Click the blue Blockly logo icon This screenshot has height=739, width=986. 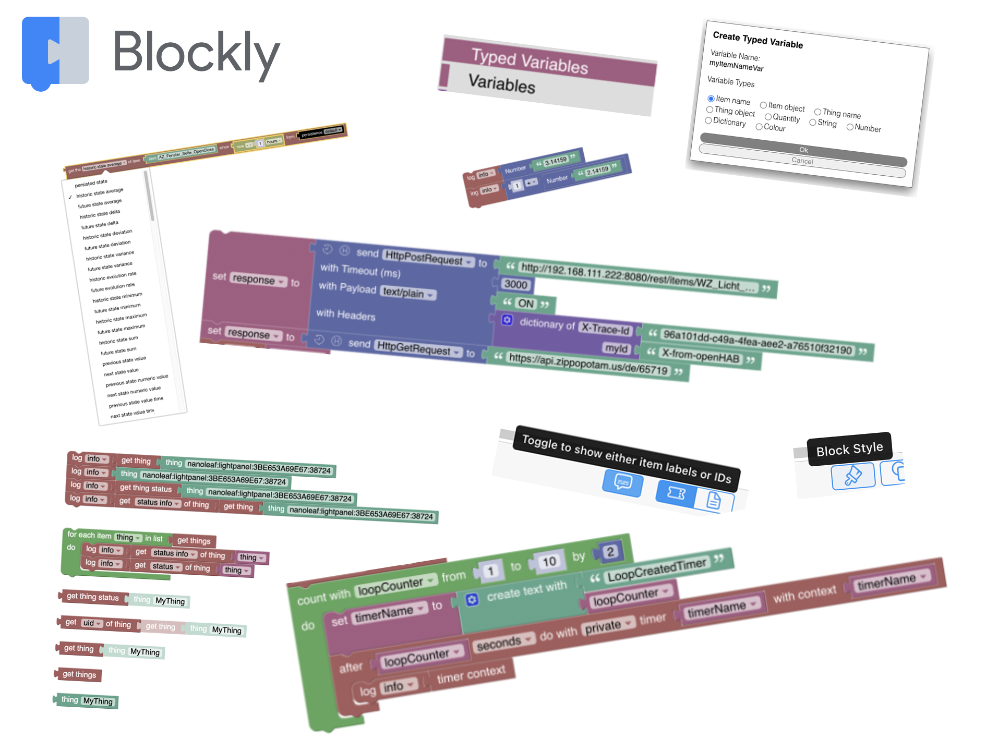55,52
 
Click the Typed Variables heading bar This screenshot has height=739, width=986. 548,63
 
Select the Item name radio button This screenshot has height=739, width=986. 711,99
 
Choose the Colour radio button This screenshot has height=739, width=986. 759,127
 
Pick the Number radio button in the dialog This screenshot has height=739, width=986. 850,127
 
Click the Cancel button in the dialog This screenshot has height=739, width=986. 802,161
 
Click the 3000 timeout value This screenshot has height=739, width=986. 515,284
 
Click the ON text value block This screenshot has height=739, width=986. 525,304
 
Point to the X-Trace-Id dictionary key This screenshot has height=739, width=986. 605,329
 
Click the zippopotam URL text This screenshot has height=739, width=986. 588,365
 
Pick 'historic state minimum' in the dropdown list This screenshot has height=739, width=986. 117,297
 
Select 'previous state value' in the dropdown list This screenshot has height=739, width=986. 124,360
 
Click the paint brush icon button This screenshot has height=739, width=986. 853,476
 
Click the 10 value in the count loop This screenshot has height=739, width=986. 548,562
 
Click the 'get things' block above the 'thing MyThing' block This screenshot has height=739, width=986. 79,674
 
